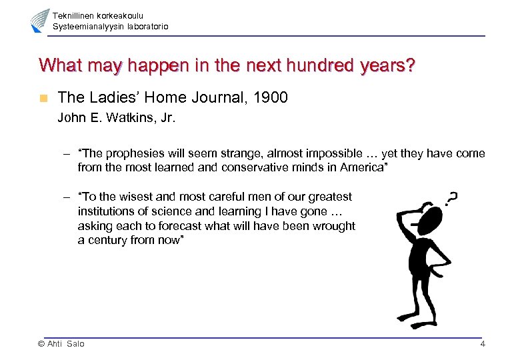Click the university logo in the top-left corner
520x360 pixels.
[39, 21]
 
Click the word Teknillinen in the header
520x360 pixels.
[74, 15]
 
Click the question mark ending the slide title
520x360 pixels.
[409, 65]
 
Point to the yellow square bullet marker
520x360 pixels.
[43, 98]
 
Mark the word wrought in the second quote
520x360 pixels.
[334, 226]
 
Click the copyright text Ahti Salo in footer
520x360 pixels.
[61, 344]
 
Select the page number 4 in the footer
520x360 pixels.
[482, 344]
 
